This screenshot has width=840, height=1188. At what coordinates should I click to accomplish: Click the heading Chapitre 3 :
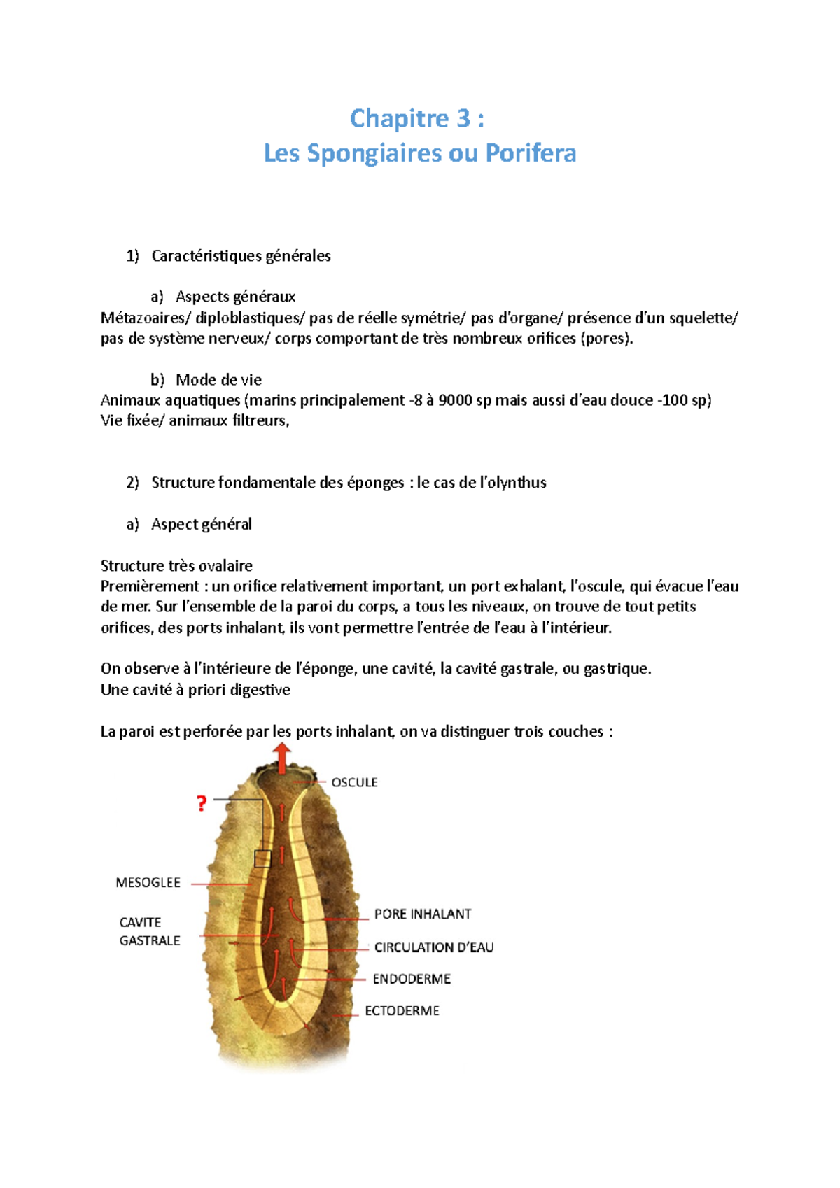pyautogui.click(x=417, y=118)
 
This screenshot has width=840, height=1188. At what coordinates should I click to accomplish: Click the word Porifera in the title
pyautogui.click(x=531, y=153)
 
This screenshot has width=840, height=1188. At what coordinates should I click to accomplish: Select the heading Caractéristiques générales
pyautogui.click(x=241, y=256)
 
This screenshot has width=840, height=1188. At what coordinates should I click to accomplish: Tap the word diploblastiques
pyautogui.click(x=250, y=318)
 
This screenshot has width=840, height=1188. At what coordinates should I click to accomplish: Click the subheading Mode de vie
pyautogui.click(x=218, y=380)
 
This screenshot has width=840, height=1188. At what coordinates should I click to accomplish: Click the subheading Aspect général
pyautogui.click(x=202, y=524)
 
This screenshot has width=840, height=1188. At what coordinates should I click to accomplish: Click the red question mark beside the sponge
pyautogui.click(x=202, y=804)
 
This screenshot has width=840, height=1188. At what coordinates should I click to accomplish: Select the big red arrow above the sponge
pyautogui.click(x=282, y=758)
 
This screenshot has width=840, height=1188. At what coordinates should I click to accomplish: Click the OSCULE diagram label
pyautogui.click(x=354, y=782)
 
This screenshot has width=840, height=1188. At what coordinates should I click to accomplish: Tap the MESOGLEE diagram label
pyautogui.click(x=148, y=883)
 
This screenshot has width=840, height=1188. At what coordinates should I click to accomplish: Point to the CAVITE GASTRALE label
pyautogui.click(x=149, y=931)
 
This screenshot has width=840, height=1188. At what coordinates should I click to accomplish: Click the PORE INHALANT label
pyautogui.click(x=423, y=914)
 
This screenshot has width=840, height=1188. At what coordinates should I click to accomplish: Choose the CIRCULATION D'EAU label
pyautogui.click(x=434, y=947)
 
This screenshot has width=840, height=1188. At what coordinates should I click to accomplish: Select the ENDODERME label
pyautogui.click(x=412, y=979)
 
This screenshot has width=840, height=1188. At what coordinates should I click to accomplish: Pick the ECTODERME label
pyautogui.click(x=402, y=1011)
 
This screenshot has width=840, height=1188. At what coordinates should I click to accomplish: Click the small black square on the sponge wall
pyautogui.click(x=262, y=858)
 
